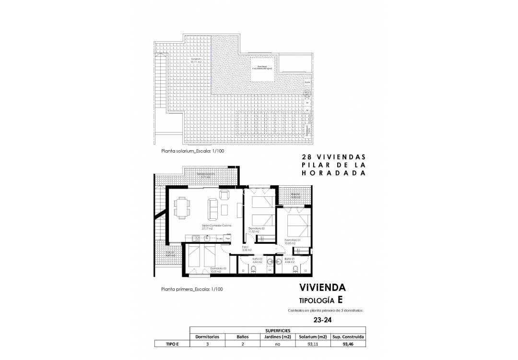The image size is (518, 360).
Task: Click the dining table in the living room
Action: pos(182,207)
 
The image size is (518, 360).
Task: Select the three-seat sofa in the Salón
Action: pos(211,208)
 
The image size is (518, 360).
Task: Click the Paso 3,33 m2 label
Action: pos(247,249)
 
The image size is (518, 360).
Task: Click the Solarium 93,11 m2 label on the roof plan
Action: pos(196,60)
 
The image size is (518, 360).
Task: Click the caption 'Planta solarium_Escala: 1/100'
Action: pos(193,151)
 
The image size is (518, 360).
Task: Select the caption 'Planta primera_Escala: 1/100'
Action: pos(192,289)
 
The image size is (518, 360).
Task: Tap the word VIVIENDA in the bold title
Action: pos(322,288)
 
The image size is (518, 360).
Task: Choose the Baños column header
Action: pos(243,336)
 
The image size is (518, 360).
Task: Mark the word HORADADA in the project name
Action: pos(333,174)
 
